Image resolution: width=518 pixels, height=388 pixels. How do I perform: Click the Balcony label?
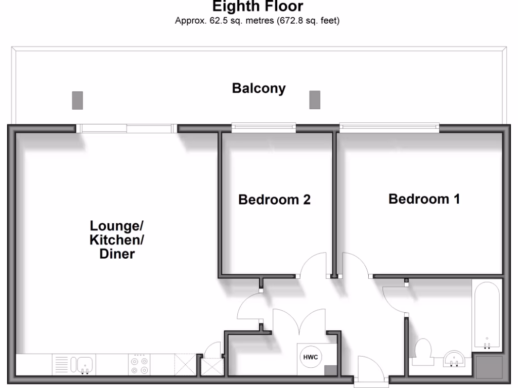click(258, 89)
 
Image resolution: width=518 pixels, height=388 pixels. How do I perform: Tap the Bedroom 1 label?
click(424, 199)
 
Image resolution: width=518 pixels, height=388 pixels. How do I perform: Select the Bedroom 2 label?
click(274, 200)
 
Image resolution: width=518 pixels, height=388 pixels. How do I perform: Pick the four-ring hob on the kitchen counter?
click(140, 365)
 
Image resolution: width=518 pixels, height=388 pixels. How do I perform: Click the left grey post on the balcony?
click(77, 100)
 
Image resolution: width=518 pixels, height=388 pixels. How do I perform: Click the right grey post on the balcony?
click(315, 100)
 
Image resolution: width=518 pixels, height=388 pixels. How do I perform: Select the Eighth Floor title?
click(258, 7)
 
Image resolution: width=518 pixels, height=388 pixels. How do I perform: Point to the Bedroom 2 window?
click(264, 128)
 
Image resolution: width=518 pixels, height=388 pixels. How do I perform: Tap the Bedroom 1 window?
click(388, 128)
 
